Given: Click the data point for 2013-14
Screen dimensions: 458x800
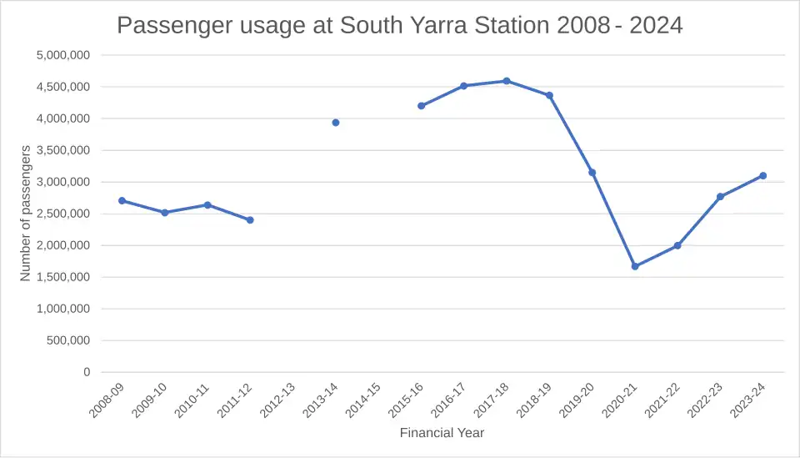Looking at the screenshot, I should [x=336, y=123].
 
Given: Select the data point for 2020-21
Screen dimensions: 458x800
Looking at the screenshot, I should [x=635, y=266].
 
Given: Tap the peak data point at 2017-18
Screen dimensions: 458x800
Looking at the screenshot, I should [x=507, y=81].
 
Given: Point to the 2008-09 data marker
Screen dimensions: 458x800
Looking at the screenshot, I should [x=122, y=200].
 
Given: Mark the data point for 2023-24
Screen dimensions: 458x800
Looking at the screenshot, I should [x=762, y=175].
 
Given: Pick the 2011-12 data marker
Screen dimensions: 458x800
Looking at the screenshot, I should [x=250, y=220].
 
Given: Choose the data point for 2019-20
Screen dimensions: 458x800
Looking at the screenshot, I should [x=592, y=173].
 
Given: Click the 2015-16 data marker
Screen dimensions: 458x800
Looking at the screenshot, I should [x=421, y=106].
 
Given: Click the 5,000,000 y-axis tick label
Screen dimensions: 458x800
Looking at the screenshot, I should [x=63, y=55].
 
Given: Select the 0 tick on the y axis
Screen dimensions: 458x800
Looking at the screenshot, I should [x=87, y=372].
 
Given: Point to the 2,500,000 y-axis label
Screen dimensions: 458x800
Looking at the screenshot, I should [x=63, y=214].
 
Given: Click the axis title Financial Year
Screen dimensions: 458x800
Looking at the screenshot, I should [x=442, y=433].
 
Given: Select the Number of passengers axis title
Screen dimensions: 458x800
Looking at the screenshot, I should [x=26, y=213].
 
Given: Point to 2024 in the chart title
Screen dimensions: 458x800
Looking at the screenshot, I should [x=657, y=25].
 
